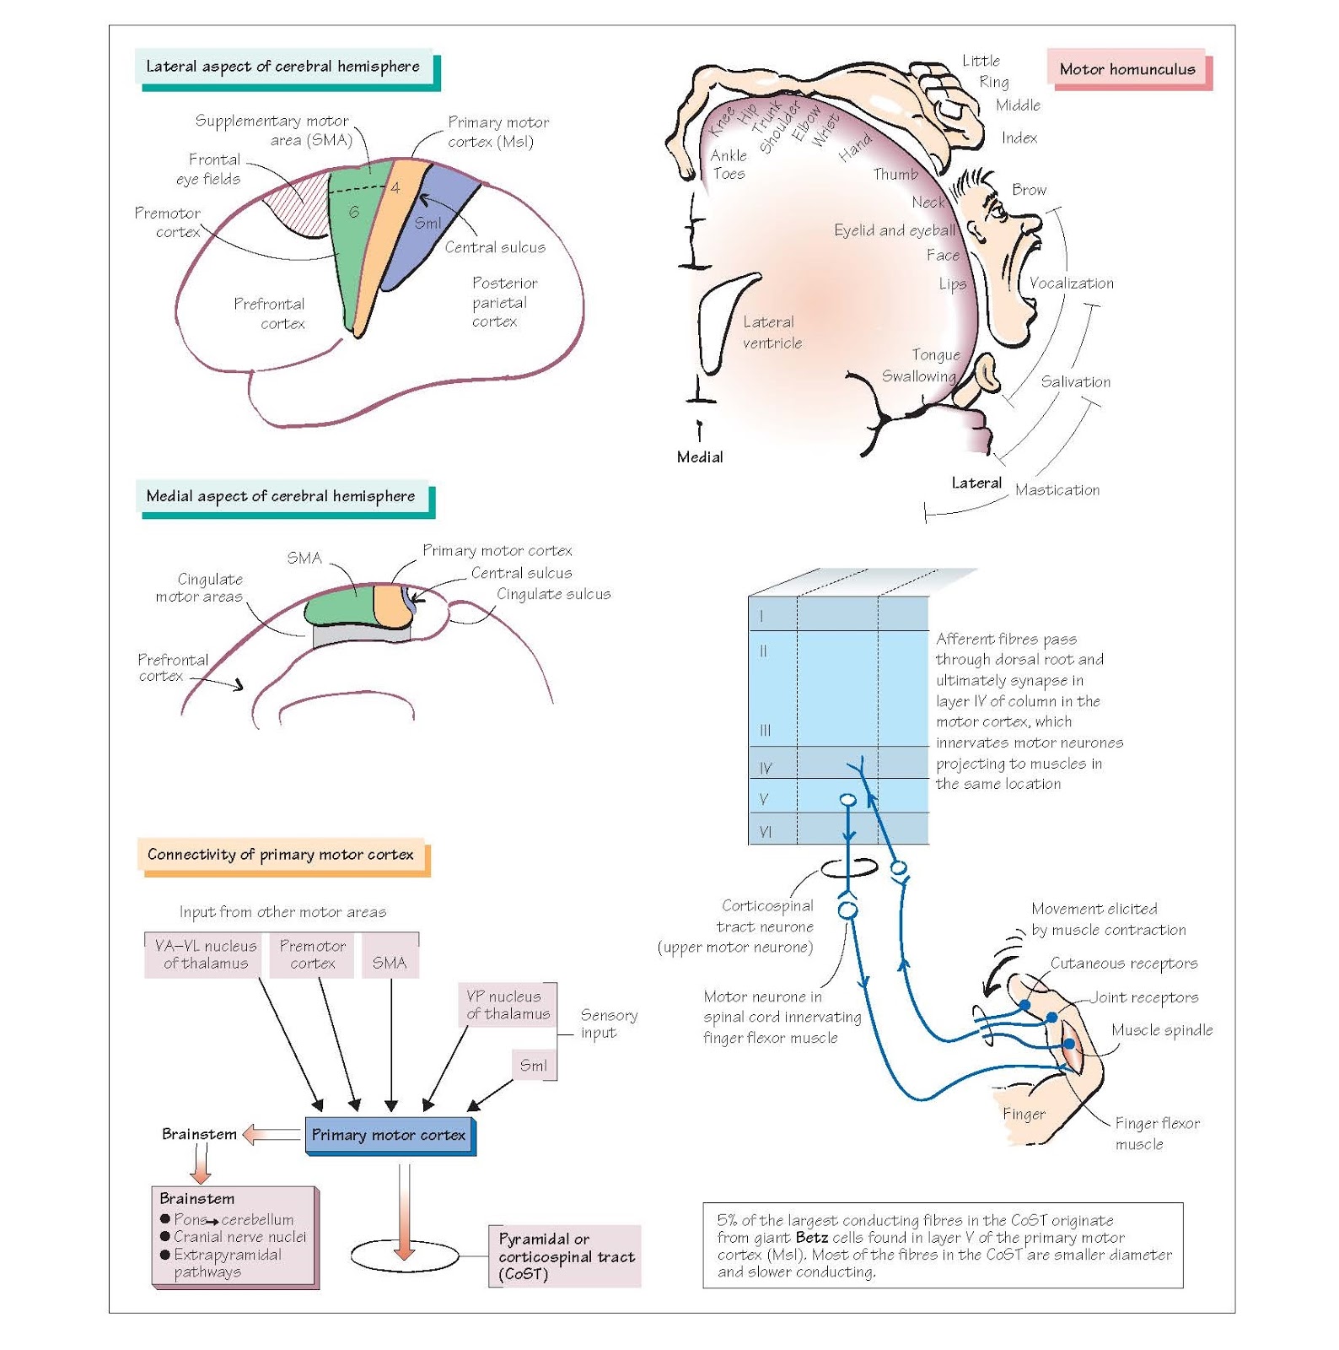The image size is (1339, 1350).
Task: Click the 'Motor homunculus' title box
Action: tap(1127, 69)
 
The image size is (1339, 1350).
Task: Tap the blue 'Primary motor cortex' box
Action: tap(389, 1135)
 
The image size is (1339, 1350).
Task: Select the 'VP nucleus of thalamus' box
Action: tap(508, 1005)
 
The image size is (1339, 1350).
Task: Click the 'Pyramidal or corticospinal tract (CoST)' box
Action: tap(565, 1255)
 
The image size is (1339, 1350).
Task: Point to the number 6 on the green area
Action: tap(354, 212)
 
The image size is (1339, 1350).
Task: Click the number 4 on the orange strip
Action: tap(395, 188)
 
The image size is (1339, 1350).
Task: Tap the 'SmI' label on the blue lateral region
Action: tap(428, 223)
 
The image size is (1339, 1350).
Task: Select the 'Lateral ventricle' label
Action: tap(772, 332)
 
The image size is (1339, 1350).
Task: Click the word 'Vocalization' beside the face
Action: tap(1071, 283)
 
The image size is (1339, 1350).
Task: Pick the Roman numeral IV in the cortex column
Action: tap(766, 768)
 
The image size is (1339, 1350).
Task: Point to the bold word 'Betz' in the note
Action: tap(811, 1237)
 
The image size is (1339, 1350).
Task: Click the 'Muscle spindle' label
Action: tap(1161, 1029)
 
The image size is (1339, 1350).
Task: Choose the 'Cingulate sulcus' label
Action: tap(553, 594)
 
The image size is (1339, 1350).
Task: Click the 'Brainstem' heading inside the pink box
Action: tap(197, 1198)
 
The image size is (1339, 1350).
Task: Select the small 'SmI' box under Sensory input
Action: tap(534, 1065)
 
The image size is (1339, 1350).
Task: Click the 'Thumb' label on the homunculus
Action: tap(895, 174)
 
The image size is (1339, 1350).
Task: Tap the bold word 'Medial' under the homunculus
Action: tap(700, 456)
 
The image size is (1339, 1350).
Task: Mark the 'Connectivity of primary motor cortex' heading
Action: tap(281, 854)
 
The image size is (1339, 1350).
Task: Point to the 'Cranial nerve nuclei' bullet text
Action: tap(240, 1237)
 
